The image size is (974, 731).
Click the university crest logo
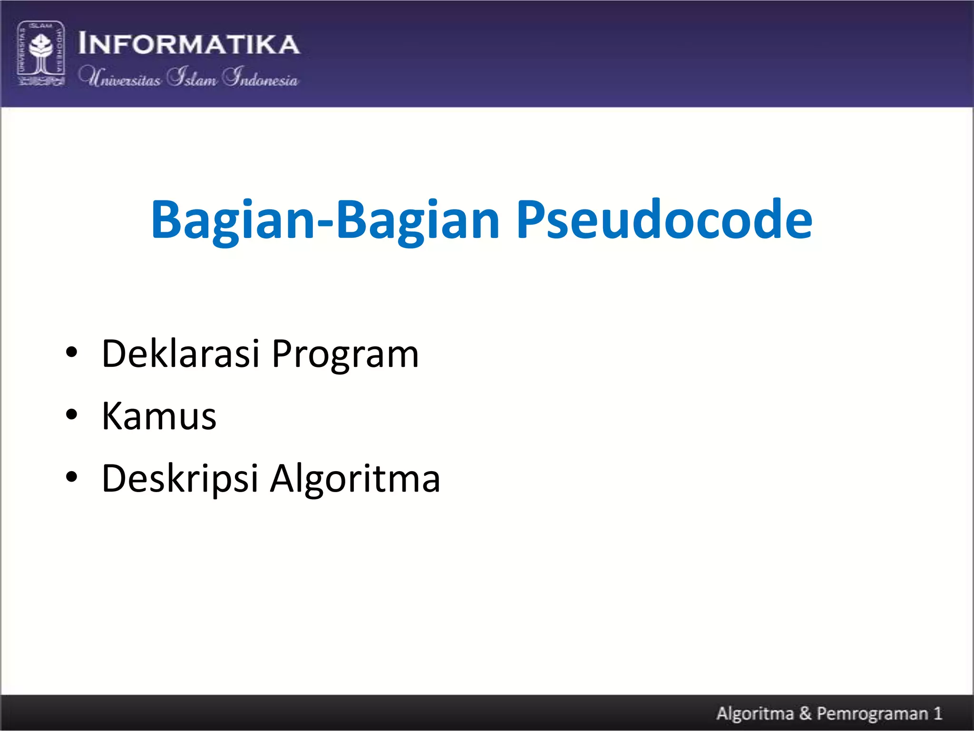pos(41,53)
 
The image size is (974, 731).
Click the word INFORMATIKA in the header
pos(189,44)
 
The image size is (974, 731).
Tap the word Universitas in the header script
pos(120,77)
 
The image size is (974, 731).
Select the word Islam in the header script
pos(192,77)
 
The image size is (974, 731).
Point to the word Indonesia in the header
pos(261,77)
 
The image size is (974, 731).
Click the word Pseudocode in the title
pos(664,220)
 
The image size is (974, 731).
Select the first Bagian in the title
pos(233,220)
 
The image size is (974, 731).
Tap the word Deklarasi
pos(181,354)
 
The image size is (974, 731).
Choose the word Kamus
pos(159,416)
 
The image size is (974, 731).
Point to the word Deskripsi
pos(180,479)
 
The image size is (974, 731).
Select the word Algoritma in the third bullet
pos(355,479)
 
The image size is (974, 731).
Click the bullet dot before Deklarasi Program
pos(71,353)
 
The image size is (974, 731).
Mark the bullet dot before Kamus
pos(71,415)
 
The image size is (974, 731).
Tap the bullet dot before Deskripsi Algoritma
pos(71,477)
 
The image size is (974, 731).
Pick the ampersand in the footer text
pos(805,713)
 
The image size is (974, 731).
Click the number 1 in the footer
pos(937,713)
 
